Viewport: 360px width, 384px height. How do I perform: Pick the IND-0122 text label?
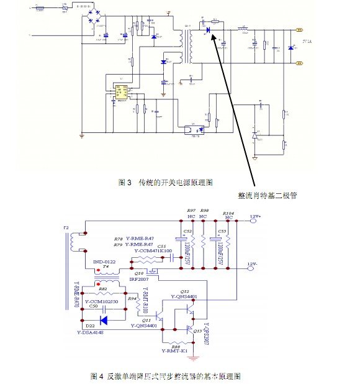point(106,264)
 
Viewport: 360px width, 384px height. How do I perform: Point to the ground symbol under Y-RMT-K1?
point(194,357)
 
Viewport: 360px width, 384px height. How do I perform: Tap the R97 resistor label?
point(191,211)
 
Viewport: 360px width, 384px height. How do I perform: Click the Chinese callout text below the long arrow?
point(268,195)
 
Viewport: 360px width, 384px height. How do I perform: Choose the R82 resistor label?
point(103,289)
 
